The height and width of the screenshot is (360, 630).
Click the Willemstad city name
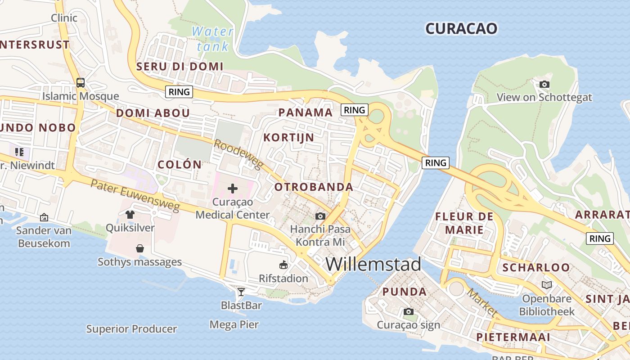373,264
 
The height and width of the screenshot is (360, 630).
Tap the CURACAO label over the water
461,29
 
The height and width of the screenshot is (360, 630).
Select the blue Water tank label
212,39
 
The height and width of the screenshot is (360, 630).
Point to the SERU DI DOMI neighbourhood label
180,67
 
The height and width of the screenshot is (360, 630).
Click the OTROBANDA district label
314,187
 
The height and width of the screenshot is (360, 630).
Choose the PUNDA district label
405,292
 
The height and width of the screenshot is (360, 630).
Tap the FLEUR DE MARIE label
464,223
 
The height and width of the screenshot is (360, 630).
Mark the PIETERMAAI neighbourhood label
513,337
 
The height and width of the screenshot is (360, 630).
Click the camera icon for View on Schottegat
544,84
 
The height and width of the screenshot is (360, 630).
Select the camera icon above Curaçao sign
408,311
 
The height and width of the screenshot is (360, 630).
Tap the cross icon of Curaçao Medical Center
233,188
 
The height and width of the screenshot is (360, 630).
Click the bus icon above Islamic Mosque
81,83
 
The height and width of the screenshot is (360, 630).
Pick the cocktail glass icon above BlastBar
241,292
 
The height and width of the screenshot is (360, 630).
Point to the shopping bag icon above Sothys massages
140,248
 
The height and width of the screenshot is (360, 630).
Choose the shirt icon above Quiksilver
130,215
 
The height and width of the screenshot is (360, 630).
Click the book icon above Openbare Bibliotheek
547,285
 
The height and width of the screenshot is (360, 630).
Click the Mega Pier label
234,324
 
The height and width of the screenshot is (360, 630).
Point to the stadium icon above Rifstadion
283,265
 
